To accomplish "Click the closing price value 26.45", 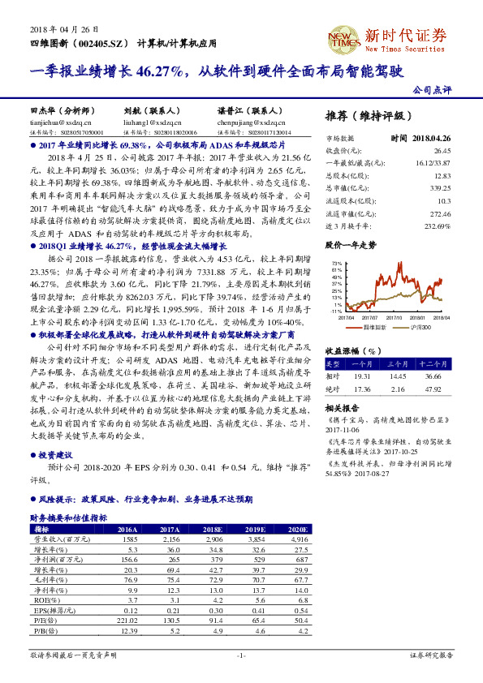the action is pos(442,151).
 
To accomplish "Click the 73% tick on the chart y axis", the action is pos(337,263).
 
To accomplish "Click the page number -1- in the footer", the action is pos(241,654).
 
